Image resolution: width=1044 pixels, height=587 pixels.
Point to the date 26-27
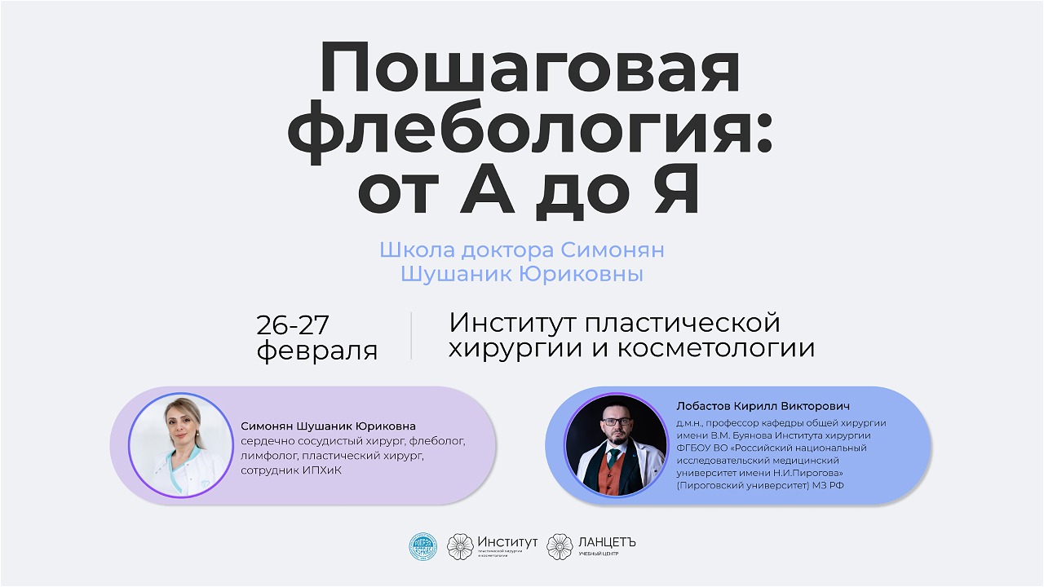pyautogui.click(x=293, y=324)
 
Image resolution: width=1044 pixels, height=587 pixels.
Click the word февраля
pyautogui.click(x=317, y=351)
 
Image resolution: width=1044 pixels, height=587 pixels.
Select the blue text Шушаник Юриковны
pyautogui.click(x=522, y=275)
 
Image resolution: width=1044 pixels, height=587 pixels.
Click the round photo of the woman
pyautogui.click(x=180, y=444)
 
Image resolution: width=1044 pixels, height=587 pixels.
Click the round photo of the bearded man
pyautogui.click(x=617, y=445)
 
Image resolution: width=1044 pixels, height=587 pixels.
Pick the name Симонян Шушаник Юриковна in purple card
pyautogui.click(x=328, y=426)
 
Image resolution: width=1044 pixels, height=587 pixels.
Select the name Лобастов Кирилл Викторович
pyautogui.click(x=763, y=406)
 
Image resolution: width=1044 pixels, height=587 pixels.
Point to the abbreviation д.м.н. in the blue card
pyautogui.click(x=690, y=423)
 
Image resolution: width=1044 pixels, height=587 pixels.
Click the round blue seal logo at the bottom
pyautogui.click(x=422, y=546)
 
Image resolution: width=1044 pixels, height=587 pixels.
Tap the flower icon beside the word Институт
pyautogui.click(x=460, y=546)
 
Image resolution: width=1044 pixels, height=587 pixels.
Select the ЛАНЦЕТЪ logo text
pyautogui.click(x=607, y=542)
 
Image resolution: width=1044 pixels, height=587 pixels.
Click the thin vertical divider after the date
pyautogui.click(x=411, y=336)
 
